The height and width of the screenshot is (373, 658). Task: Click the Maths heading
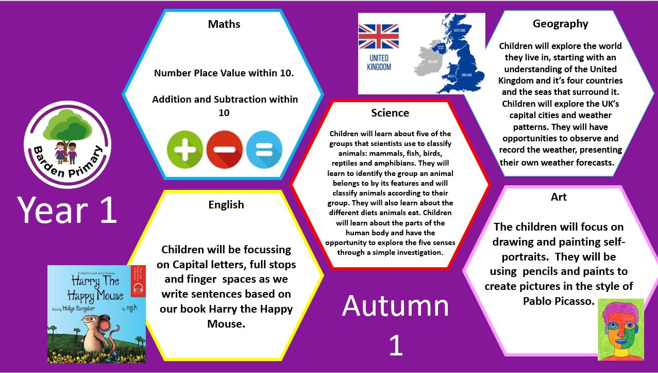[224, 24]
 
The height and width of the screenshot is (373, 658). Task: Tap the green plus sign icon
[185, 150]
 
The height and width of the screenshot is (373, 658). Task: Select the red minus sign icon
[225, 150]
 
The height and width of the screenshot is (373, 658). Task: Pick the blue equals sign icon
[264, 150]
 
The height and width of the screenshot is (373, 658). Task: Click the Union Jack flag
[379, 37]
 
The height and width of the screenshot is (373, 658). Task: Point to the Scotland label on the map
[460, 30]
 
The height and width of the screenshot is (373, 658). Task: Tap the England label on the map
[466, 75]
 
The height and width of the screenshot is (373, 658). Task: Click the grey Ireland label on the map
[433, 62]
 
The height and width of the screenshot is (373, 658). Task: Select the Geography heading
[561, 24]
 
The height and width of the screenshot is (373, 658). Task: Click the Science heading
[390, 113]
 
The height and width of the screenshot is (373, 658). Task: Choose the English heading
[226, 205]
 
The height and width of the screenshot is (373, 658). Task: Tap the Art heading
[559, 197]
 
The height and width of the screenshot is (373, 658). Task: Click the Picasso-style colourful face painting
[621, 330]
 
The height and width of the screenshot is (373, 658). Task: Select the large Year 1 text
[67, 210]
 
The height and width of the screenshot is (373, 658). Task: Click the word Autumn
[395, 306]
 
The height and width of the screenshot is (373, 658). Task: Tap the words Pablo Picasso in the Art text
[559, 301]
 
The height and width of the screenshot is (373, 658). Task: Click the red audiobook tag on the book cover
[138, 281]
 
